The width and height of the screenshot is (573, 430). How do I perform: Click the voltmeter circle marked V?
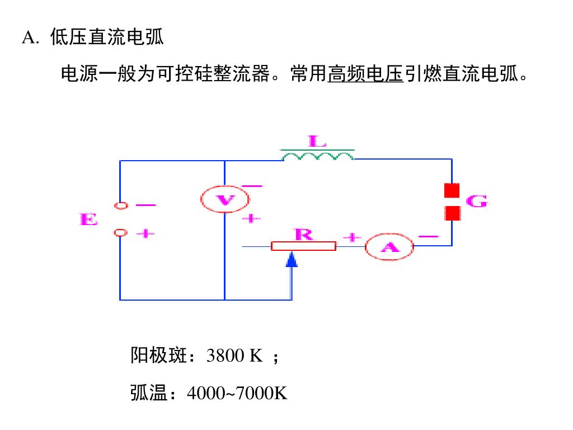[x=225, y=199]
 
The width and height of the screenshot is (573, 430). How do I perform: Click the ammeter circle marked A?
[x=389, y=246]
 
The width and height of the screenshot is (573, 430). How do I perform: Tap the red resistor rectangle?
[x=303, y=246]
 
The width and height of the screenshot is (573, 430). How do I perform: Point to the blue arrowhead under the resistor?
[x=292, y=259]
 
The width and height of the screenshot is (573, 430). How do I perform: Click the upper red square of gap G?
[x=452, y=190]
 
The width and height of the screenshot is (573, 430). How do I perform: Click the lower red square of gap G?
[x=452, y=213]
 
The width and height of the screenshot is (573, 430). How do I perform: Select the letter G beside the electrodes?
[x=476, y=202]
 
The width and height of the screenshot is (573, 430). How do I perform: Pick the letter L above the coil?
[x=317, y=141]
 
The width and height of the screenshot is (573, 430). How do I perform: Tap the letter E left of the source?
[x=88, y=219]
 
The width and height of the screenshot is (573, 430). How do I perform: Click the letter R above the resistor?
[x=303, y=234]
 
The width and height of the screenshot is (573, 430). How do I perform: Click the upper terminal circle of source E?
[x=120, y=205]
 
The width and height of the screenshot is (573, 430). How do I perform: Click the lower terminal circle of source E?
[x=120, y=232]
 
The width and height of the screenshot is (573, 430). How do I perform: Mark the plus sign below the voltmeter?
[x=251, y=218]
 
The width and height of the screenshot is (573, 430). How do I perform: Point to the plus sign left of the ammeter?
[x=351, y=237]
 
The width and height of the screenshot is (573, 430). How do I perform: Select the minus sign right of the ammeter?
[x=428, y=236]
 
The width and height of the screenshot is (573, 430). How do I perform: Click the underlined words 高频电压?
[x=365, y=74]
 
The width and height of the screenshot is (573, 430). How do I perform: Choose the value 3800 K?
[x=234, y=356]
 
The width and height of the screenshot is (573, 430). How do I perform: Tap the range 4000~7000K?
[x=237, y=394]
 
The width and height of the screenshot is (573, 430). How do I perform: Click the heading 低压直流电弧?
[x=107, y=38]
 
